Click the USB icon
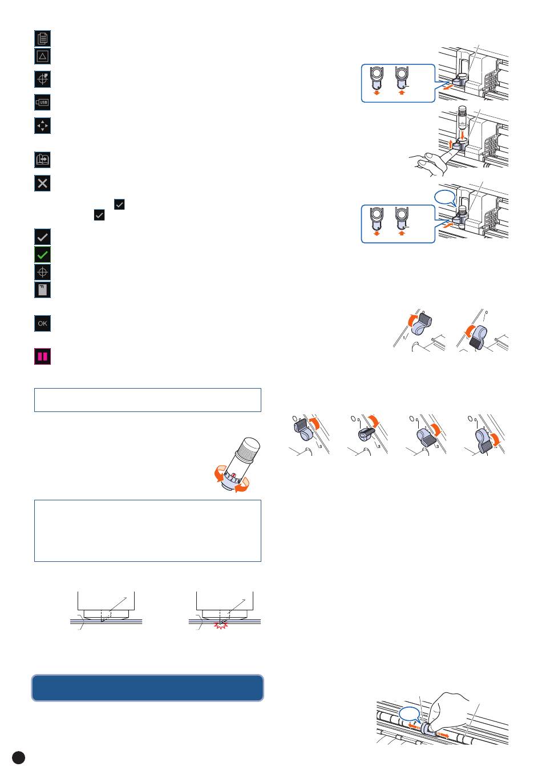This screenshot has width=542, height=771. pos(43,102)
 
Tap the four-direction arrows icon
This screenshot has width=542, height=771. pos(43,126)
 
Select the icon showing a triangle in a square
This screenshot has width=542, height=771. pos(43,56)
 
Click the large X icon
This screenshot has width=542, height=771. pos(43,183)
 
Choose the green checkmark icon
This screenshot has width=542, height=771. pos(43,254)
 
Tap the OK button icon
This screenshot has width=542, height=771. pos(43,324)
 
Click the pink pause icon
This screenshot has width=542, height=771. pos(43,357)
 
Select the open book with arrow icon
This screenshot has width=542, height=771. pos(43,160)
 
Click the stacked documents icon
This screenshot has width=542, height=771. pos(43,38)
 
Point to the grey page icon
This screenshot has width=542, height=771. pos(43,289)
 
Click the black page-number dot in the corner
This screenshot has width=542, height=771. pos(18,756)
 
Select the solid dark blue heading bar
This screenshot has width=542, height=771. pos(148,688)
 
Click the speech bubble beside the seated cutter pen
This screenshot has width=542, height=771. pos(445,197)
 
